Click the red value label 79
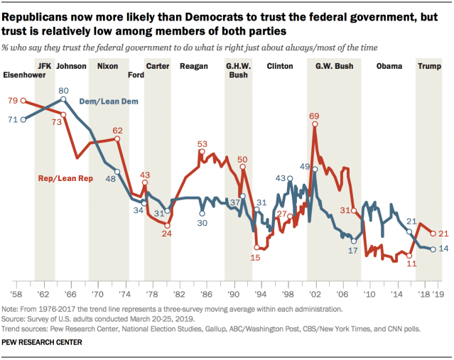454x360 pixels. (12, 100)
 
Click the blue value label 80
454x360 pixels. (63, 90)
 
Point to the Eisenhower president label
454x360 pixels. (25, 73)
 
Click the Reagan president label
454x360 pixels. (194, 66)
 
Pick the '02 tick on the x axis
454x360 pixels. (313, 273)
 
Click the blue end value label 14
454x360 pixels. (443, 249)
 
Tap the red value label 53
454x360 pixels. (202, 143)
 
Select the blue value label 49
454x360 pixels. (303, 166)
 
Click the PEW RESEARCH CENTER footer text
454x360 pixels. (42, 342)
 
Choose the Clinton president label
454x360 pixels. (279, 66)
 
